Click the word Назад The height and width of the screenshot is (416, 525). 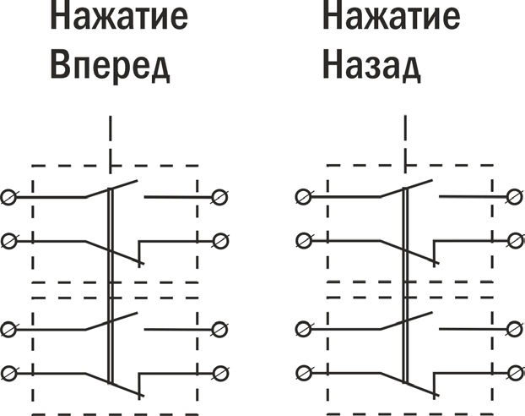(x=371, y=65)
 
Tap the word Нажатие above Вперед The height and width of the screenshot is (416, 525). (x=117, y=18)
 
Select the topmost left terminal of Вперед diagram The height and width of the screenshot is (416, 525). (x=9, y=197)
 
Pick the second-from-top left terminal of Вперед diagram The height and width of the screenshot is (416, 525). (x=9, y=241)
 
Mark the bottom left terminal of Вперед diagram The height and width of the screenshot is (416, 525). (x=9, y=372)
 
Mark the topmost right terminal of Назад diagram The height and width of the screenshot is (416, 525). (x=513, y=197)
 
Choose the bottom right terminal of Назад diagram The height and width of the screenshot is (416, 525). (x=513, y=372)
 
